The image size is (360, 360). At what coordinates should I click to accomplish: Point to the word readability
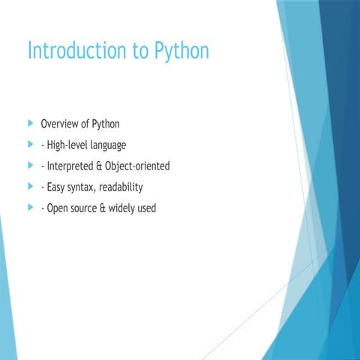125,187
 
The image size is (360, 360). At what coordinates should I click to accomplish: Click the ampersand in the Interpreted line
107,166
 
